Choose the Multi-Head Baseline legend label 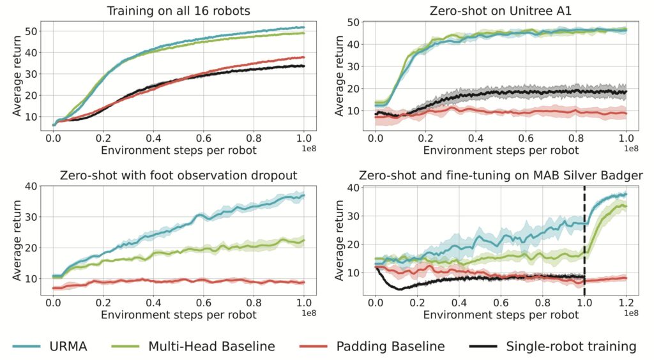(211, 347)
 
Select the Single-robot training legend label (570, 347)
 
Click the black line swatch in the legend (483, 347)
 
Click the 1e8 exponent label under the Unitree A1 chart (630, 147)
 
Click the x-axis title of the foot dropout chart (179, 315)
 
